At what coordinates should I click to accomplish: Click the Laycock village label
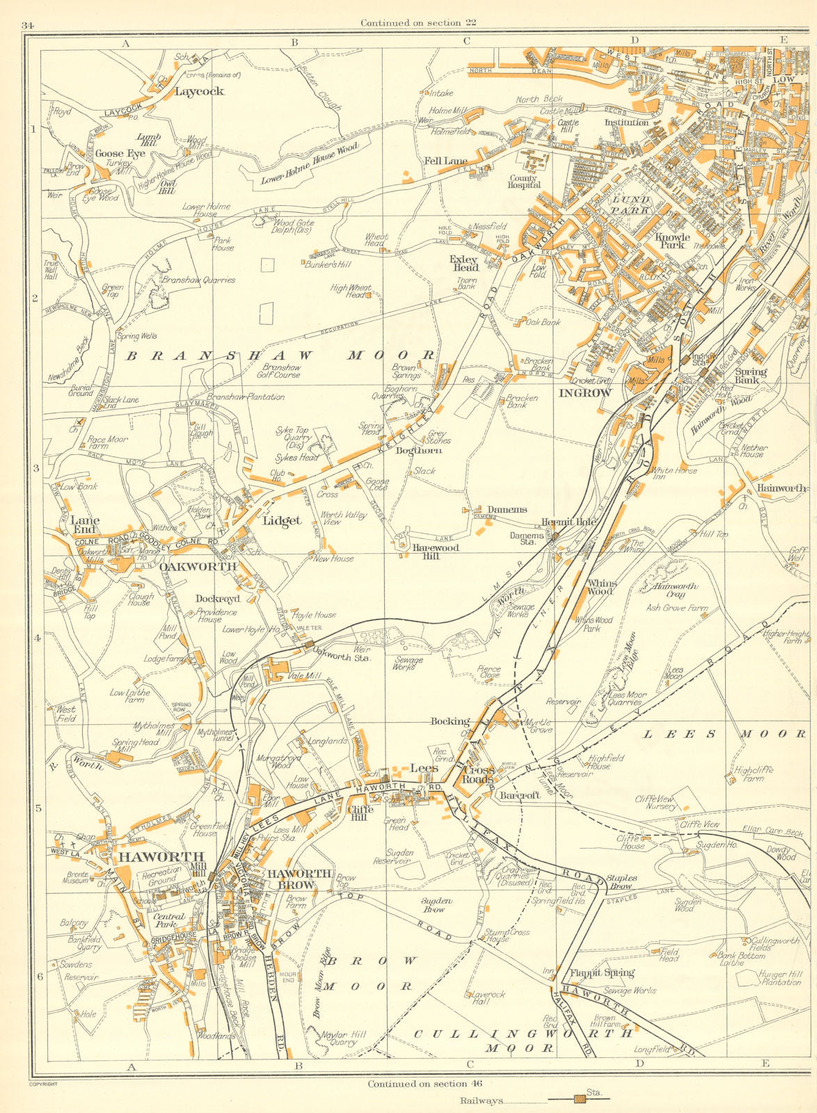[x=199, y=91]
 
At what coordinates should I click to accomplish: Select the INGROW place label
[x=585, y=393]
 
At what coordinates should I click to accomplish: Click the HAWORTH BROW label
[x=300, y=879]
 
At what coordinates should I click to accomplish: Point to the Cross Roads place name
[x=479, y=774]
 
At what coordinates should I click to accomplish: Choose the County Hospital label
[x=524, y=181]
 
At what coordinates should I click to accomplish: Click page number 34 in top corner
[x=28, y=26]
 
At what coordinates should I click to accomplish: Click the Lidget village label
[x=282, y=520]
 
